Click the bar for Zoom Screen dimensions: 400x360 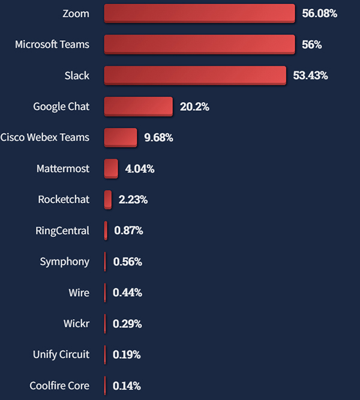[x=199, y=13]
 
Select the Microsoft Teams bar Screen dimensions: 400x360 [x=199, y=44]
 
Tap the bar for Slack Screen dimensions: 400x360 [x=195, y=75]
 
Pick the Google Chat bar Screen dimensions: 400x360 [x=138, y=106]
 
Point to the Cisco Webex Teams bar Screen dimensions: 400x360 [x=121, y=137]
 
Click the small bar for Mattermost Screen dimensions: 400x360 [x=111, y=169]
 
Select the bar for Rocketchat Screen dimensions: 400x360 [x=108, y=199]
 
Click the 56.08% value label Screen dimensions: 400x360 [x=319, y=13]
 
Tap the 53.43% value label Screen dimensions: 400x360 [x=310, y=76]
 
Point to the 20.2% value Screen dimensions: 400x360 [x=194, y=107]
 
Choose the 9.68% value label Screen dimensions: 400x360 [x=158, y=138]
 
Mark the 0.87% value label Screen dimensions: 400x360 [x=128, y=231]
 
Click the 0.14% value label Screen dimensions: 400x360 [x=127, y=386]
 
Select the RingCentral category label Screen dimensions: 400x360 [x=63, y=230]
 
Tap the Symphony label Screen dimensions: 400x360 [x=64, y=261]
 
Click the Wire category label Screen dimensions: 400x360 [x=79, y=293]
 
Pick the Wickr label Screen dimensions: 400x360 [x=76, y=324]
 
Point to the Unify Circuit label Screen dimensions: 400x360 [x=61, y=354]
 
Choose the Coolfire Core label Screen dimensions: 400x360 [x=59, y=386]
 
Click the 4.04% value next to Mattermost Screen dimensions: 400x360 [x=139, y=169]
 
